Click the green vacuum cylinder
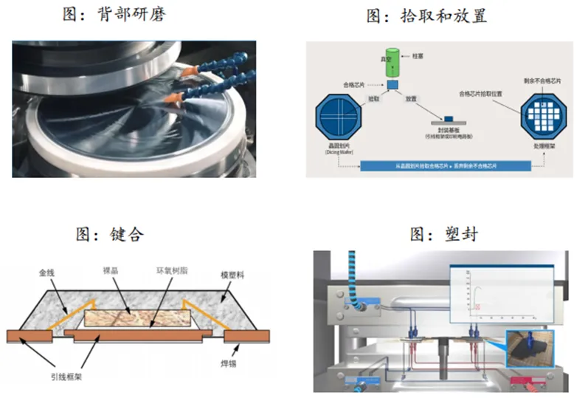pos(392,62)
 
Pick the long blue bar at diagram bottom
pos(445,168)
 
